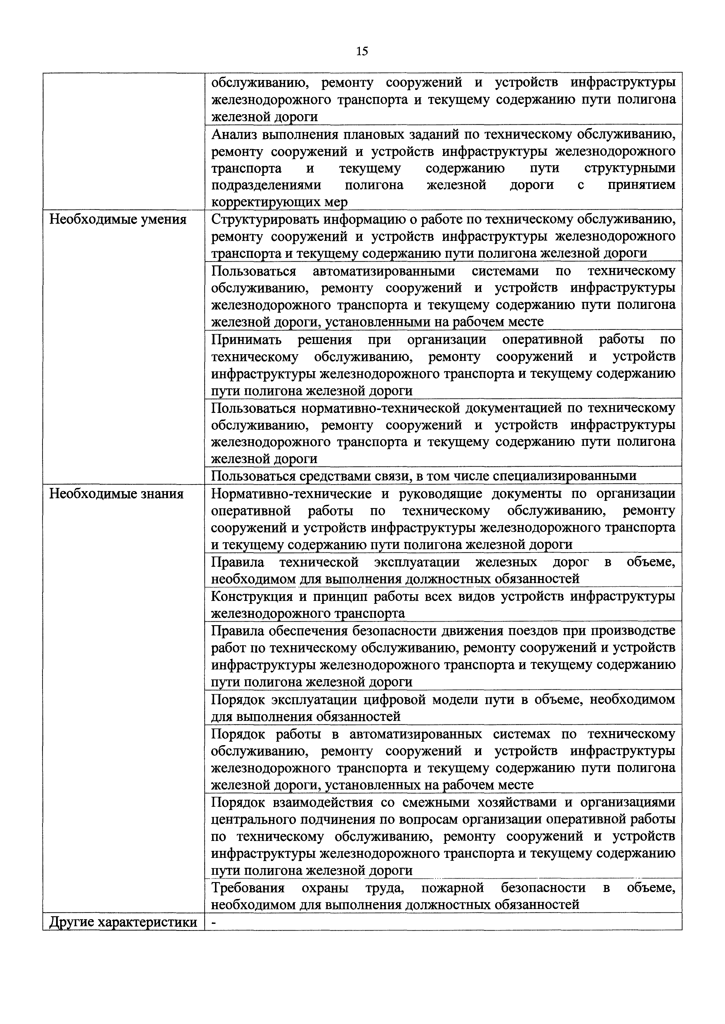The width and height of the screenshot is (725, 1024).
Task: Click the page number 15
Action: tap(362, 51)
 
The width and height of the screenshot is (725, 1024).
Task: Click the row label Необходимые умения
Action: tap(117, 220)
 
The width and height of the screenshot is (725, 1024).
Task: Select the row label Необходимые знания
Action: tap(116, 494)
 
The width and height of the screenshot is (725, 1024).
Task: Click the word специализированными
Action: tap(564, 476)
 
